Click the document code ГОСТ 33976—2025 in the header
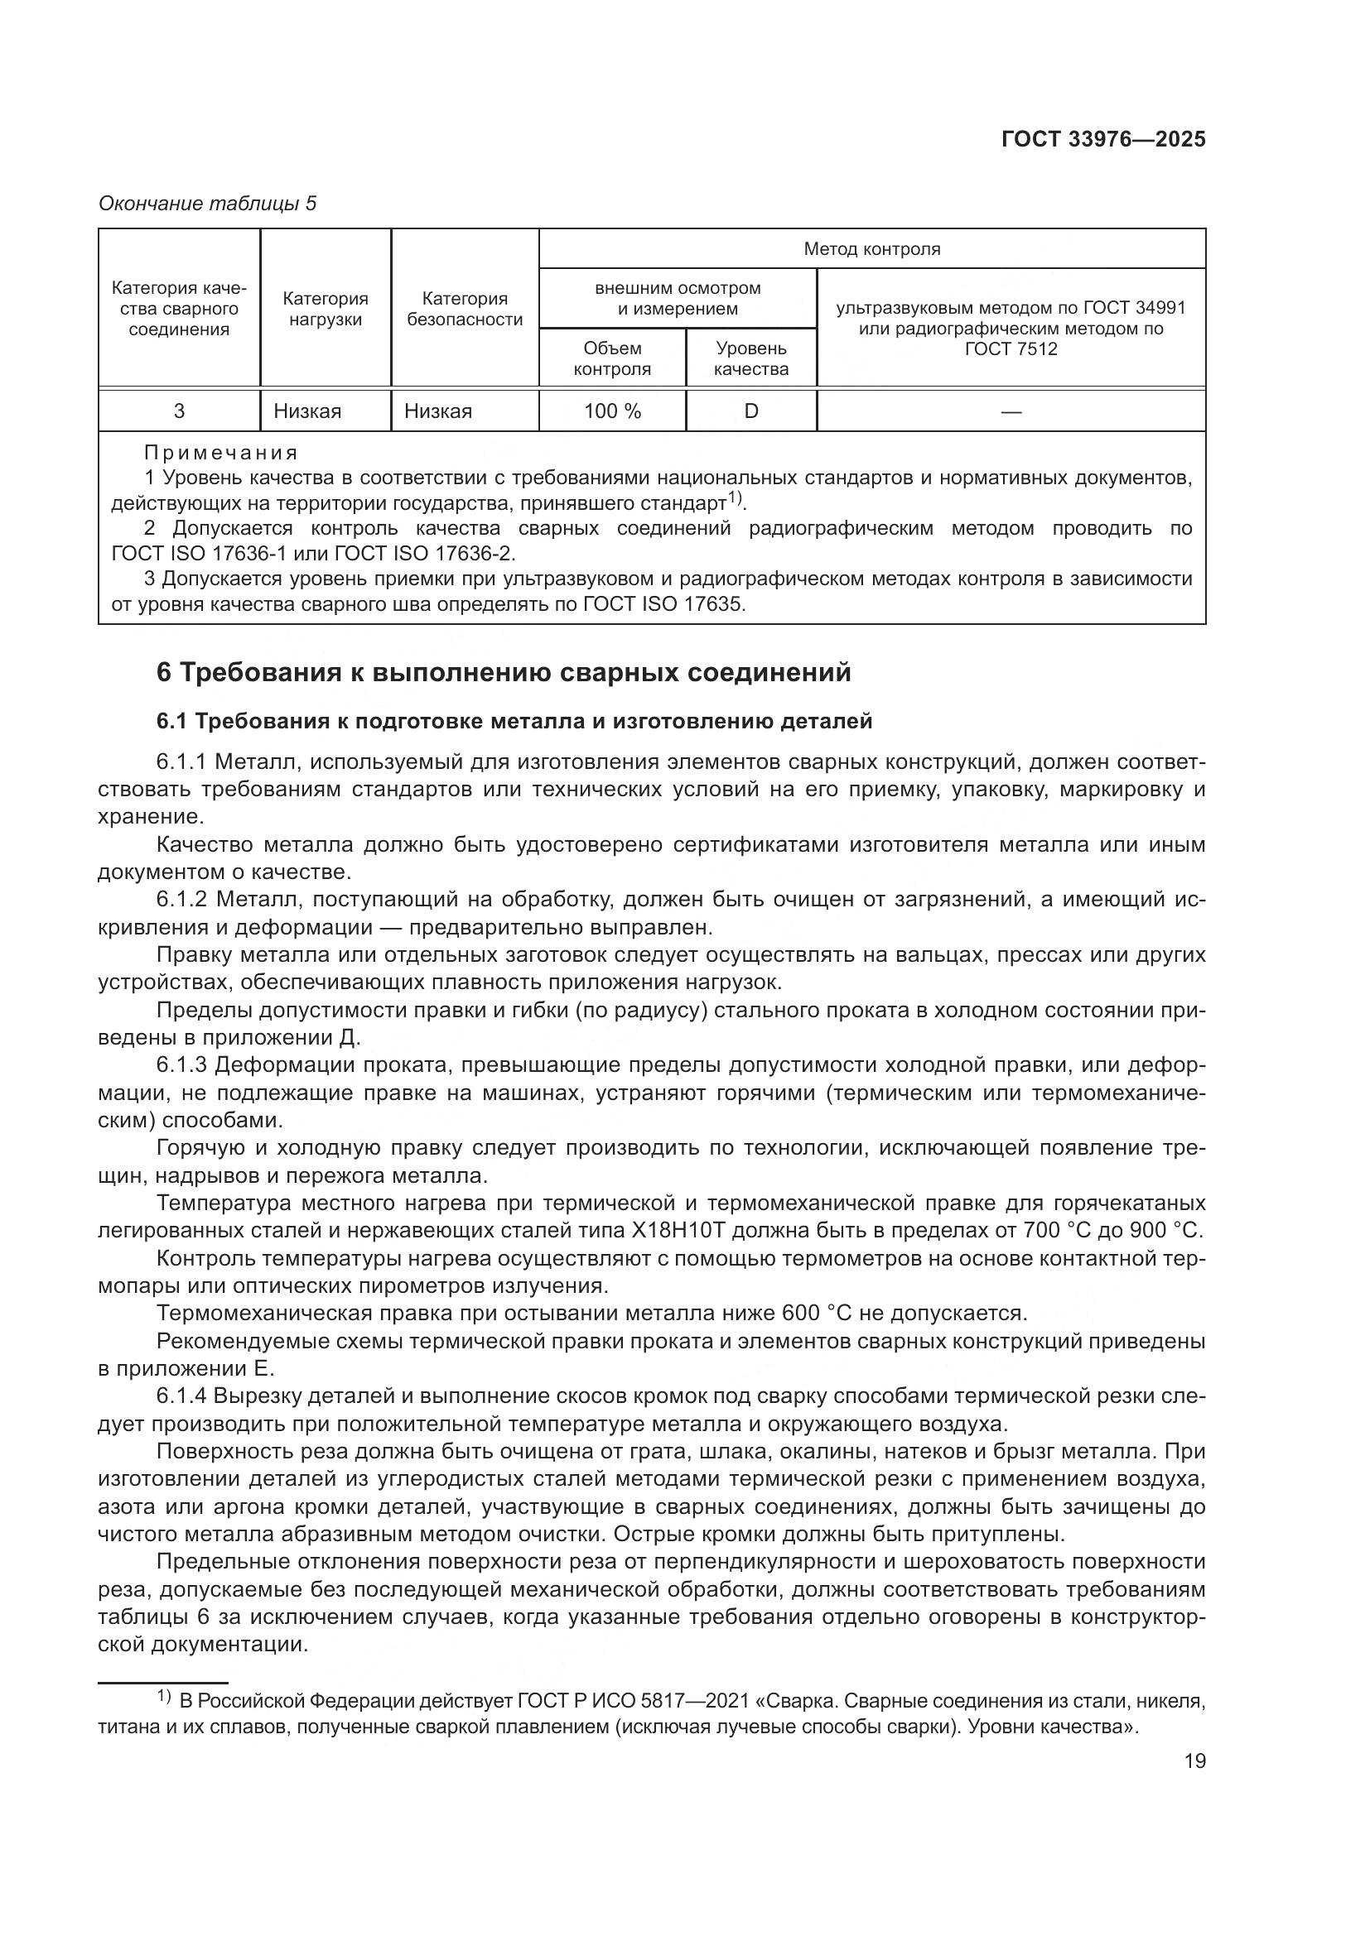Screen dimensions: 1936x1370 (x=1102, y=140)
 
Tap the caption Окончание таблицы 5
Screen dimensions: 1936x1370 (x=208, y=204)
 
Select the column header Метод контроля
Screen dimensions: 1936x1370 (x=871, y=249)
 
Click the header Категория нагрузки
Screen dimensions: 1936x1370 (x=325, y=309)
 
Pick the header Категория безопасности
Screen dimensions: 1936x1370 (x=464, y=309)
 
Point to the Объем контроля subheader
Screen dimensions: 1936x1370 (x=611, y=358)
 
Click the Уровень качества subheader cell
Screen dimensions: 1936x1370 (x=750, y=358)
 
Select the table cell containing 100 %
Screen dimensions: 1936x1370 (x=611, y=411)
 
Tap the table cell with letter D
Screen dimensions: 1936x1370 (x=750, y=411)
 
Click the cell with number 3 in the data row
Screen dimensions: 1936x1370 (x=179, y=411)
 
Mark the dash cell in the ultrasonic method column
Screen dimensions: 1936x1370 (x=1011, y=411)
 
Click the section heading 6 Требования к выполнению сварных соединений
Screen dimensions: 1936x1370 (x=504, y=673)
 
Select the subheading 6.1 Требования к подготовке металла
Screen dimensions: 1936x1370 (x=514, y=721)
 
